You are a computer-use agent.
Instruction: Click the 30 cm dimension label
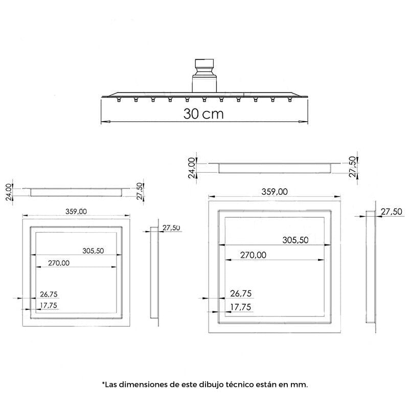tap(203, 113)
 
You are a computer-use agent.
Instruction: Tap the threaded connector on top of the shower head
tap(204, 76)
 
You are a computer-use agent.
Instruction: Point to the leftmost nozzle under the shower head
tap(119, 99)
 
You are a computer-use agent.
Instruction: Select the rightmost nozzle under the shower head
tap(289, 99)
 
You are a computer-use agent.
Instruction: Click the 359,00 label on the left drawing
tap(76, 211)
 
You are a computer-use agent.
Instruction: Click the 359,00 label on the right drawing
tap(275, 192)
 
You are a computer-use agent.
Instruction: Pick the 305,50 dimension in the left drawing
tap(93, 251)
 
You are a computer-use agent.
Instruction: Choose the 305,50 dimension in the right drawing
tap(296, 240)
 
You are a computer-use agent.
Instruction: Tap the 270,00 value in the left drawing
tap(59, 263)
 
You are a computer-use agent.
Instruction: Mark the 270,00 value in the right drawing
tap(253, 255)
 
